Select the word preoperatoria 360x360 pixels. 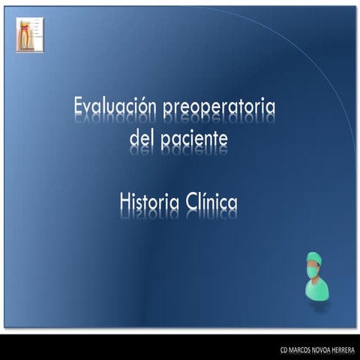[218, 109]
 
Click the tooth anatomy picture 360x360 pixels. [29, 35]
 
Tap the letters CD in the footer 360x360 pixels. [284, 349]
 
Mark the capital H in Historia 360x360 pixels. [124, 202]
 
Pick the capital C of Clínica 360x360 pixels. [187, 202]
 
